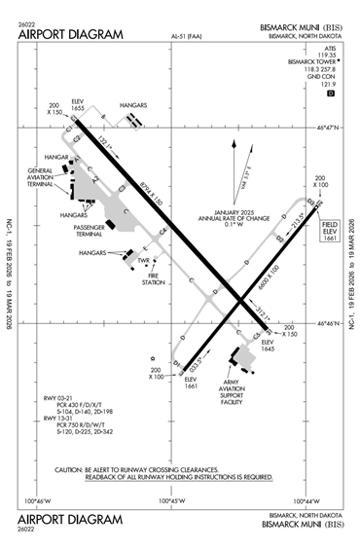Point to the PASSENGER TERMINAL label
pos(117,231)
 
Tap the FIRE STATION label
pos(154,278)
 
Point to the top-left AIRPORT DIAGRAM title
pos(71,35)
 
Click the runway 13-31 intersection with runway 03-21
pos(241,304)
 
